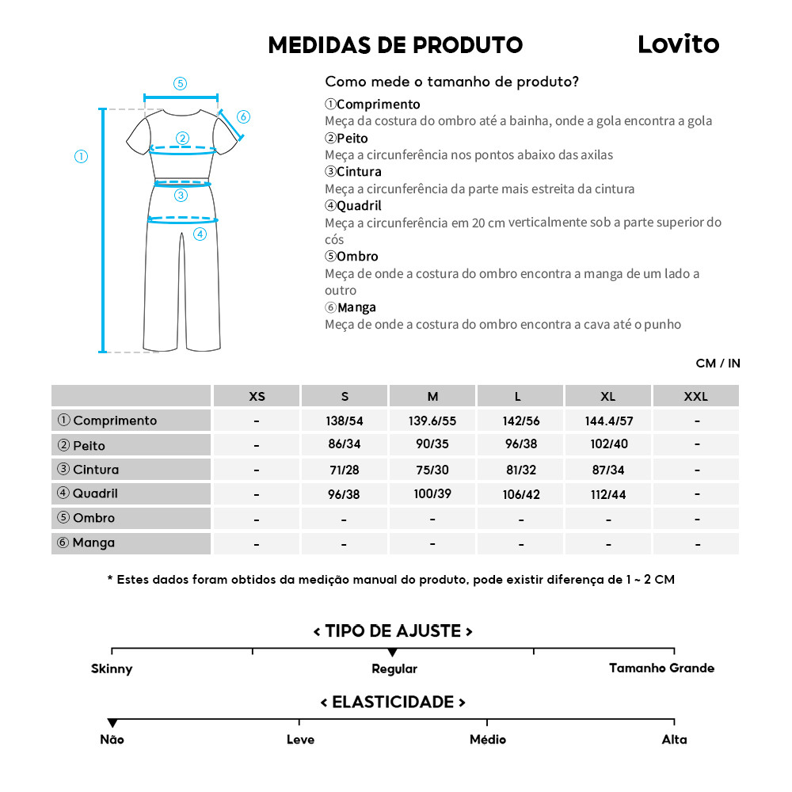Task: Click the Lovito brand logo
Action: tap(678, 44)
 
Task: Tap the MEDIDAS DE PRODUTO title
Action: tap(395, 45)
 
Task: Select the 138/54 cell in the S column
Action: tap(345, 421)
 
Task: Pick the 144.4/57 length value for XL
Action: tap(607, 421)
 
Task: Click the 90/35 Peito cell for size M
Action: tap(432, 445)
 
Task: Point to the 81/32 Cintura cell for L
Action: tap(520, 470)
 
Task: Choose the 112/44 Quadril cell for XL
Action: tap(607, 493)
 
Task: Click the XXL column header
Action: tap(695, 396)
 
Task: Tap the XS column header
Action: tap(257, 396)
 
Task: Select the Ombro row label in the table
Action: tap(93, 518)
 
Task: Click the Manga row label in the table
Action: tap(93, 543)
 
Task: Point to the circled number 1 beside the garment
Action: tap(81, 157)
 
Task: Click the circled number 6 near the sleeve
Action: tap(243, 117)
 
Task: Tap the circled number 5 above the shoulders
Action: tap(180, 83)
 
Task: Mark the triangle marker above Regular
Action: tap(393, 653)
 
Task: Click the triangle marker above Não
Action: tap(112, 723)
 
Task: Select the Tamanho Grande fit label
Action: tap(661, 668)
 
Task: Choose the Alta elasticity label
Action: tap(674, 740)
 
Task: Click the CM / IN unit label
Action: tap(718, 364)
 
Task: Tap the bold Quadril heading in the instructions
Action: tap(358, 206)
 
